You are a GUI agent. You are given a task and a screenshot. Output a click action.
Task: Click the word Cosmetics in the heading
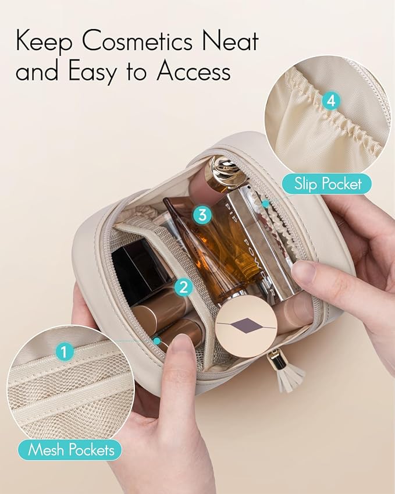137,41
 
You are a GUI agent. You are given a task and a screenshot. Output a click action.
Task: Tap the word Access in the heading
194,70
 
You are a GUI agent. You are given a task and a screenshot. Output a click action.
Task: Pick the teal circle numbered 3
202,214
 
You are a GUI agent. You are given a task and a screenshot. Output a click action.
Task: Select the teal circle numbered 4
331,101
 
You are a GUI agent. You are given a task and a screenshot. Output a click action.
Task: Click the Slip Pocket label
328,184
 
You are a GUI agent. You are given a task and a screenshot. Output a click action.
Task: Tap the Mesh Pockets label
70,449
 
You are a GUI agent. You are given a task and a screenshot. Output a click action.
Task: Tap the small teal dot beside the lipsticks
156,340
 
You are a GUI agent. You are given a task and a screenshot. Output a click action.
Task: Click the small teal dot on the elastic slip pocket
266,204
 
